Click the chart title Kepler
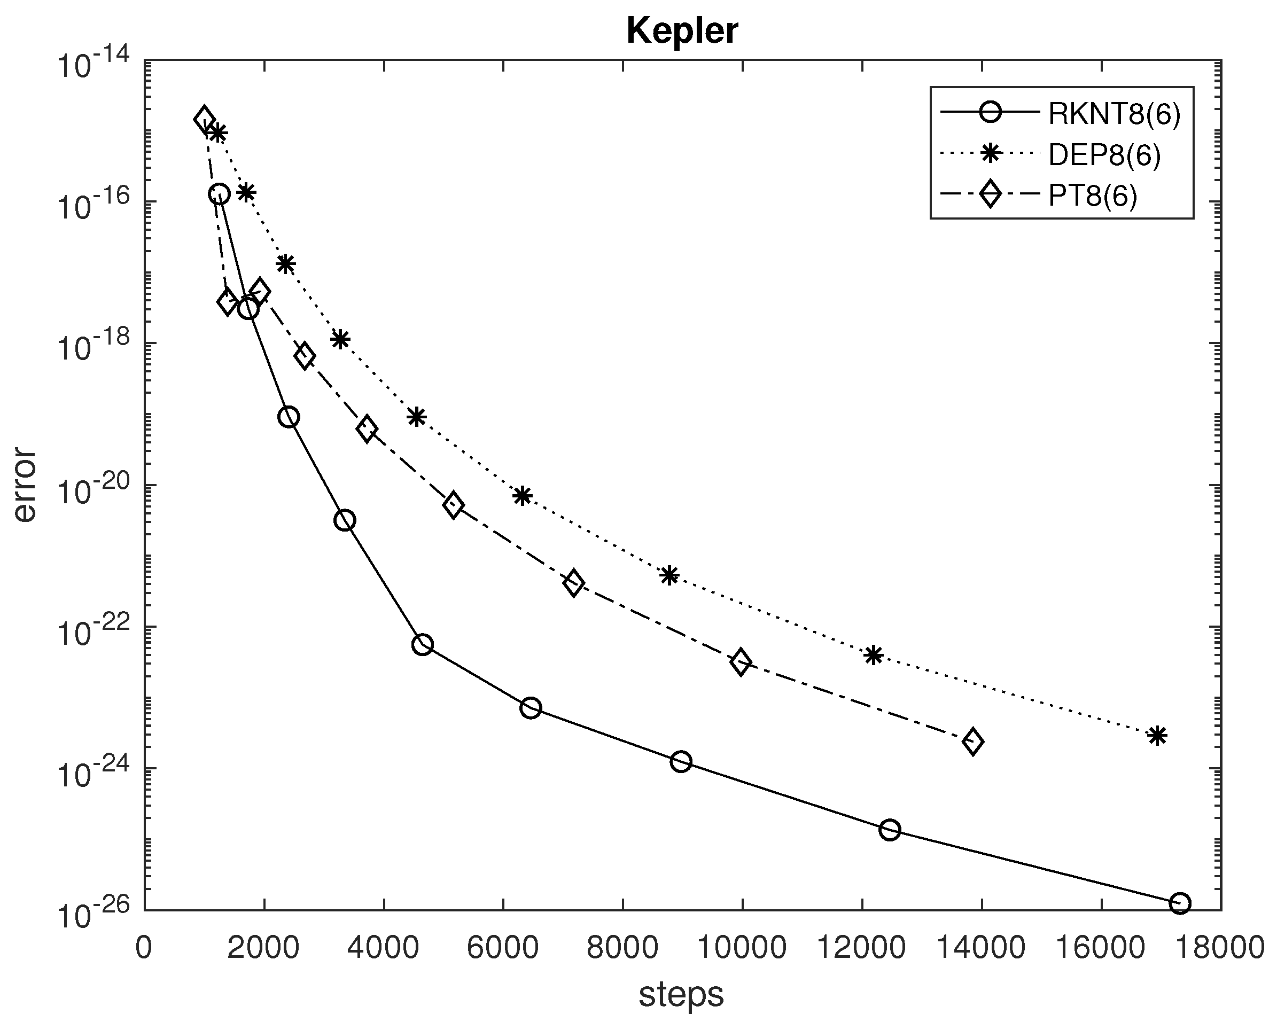(x=682, y=31)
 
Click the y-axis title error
(x=25, y=485)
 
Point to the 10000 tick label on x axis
(x=742, y=947)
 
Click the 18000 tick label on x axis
(x=1220, y=947)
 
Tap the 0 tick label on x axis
(x=144, y=947)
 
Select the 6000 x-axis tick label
(x=503, y=947)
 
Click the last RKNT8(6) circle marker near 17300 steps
(x=1180, y=903)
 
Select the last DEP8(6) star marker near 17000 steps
(x=1157, y=736)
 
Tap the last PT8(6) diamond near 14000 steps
(x=972, y=741)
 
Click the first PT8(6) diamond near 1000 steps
(x=204, y=119)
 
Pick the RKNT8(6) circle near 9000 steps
(x=681, y=761)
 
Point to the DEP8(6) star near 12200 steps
(x=873, y=655)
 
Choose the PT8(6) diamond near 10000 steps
(x=741, y=661)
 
